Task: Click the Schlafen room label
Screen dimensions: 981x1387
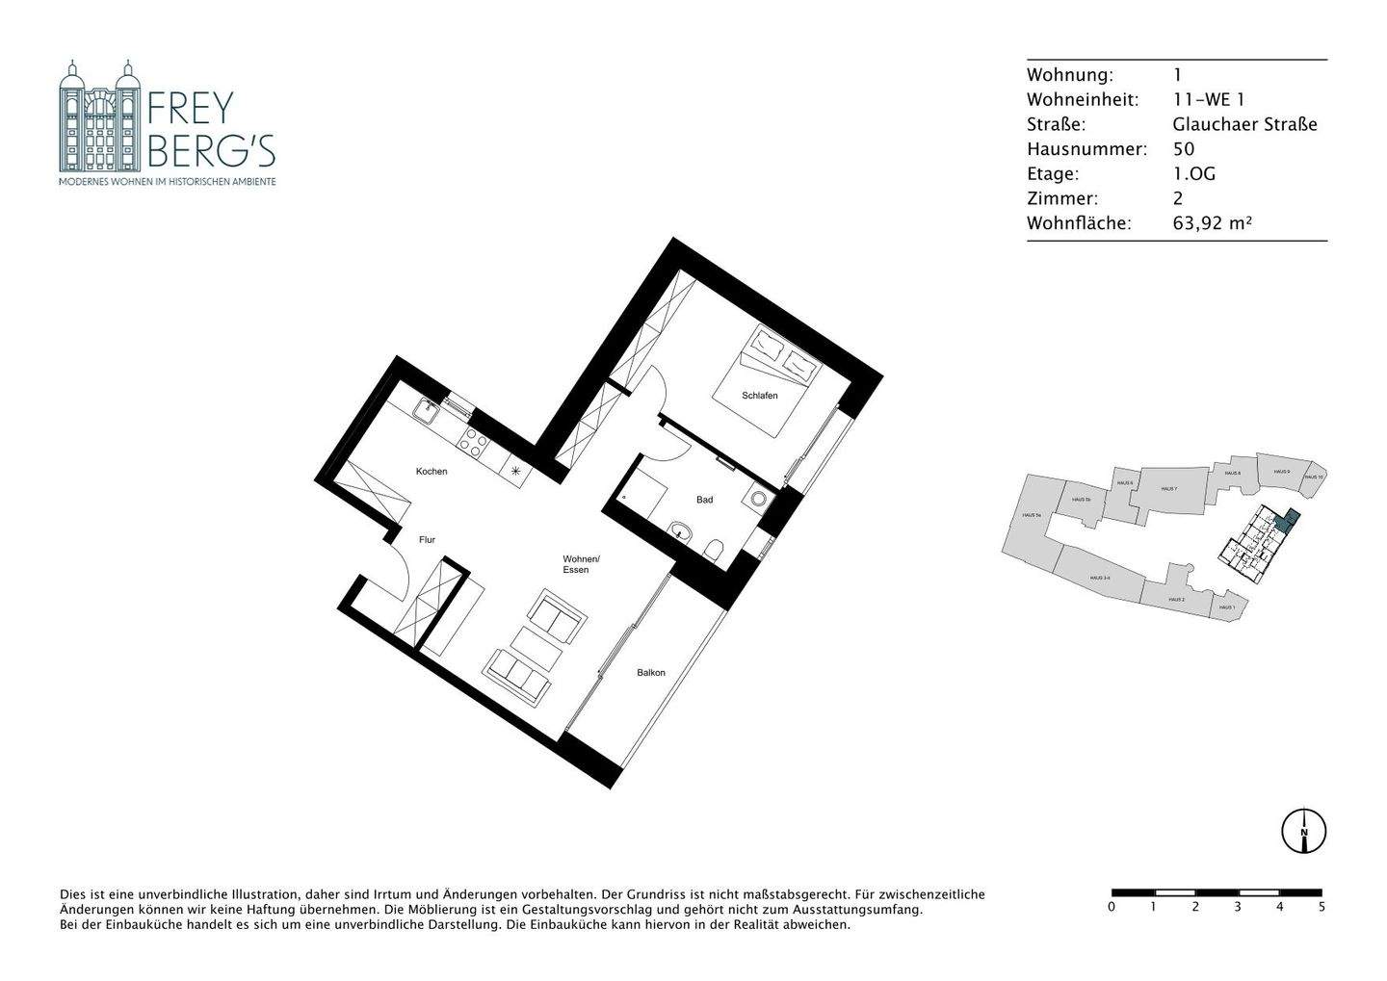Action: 759,396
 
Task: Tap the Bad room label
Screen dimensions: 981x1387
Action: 705,500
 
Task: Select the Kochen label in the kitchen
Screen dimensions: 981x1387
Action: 432,472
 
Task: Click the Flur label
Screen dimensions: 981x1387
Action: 427,540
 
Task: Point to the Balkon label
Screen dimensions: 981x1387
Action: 651,673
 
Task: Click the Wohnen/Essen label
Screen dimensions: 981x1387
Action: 582,564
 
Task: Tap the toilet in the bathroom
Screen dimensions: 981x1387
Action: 714,550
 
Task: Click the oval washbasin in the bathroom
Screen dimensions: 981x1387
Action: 681,529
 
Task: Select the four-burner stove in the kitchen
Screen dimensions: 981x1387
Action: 474,443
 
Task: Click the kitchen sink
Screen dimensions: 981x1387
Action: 425,411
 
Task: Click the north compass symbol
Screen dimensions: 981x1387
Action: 1303,830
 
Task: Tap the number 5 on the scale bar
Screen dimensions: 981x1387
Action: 1321,907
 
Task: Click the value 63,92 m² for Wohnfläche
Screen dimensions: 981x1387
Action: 1212,223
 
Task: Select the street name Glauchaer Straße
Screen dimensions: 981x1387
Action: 1244,124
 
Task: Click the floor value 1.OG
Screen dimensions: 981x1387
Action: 1193,174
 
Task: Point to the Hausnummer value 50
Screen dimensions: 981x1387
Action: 1183,149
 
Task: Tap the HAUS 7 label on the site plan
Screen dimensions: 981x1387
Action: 1168,489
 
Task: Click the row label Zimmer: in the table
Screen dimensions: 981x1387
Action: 1061,199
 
